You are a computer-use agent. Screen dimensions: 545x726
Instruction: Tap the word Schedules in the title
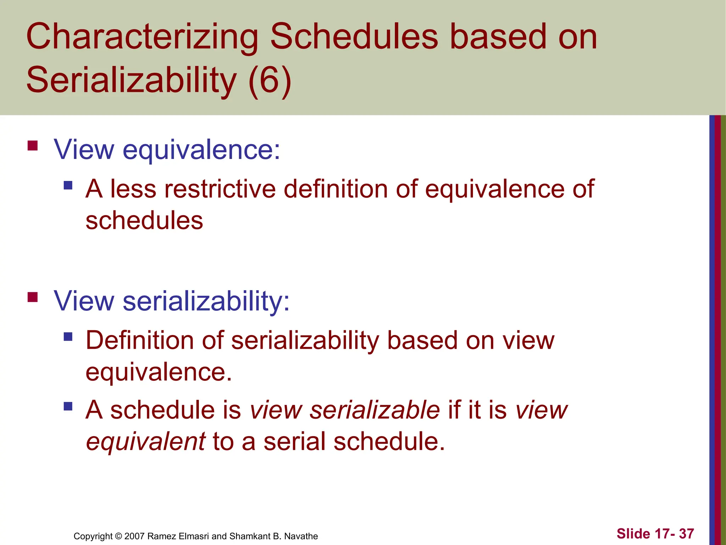(x=354, y=37)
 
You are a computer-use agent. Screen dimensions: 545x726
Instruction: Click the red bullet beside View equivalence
(x=33, y=146)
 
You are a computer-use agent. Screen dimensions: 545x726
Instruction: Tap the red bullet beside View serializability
(x=33, y=297)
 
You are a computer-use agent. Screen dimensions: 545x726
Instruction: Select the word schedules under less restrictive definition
(x=144, y=221)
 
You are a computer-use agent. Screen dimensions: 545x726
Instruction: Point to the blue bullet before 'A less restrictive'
(x=68, y=185)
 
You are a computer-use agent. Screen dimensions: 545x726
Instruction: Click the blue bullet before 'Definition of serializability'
(x=68, y=336)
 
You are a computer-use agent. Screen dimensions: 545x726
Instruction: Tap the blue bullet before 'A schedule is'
(x=68, y=406)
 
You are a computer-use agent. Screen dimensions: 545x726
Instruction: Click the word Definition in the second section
(x=140, y=340)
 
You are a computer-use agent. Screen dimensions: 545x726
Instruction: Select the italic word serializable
(x=374, y=410)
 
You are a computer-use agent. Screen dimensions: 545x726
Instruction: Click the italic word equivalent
(x=146, y=442)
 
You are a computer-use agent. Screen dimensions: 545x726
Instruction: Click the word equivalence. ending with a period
(x=158, y=373)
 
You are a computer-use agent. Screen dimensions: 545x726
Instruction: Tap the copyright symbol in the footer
(x=119, y=536)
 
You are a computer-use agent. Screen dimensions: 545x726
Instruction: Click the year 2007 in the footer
(x=134, y=536)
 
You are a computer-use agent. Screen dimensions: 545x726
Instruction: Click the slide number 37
(x=686, y=534)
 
